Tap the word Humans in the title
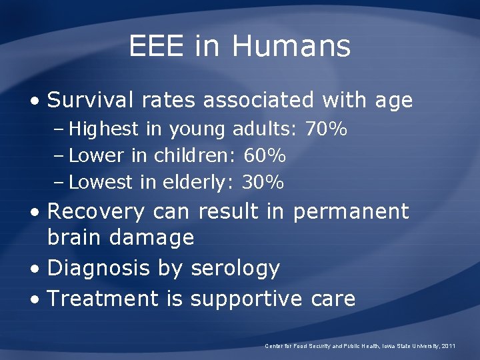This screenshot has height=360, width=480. coord(291,46)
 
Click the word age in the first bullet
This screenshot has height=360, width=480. coord(393,101)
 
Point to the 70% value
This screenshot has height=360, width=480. coord(326,129)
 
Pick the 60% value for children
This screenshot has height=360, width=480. coord(265,155)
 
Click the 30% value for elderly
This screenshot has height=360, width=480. coord(263,181)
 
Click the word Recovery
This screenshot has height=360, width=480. coord(96,211)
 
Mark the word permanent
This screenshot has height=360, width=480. coord(351,212)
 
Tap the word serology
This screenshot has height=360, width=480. coord(235,268)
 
